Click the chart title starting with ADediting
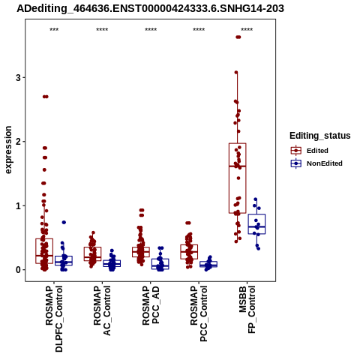[150, 9]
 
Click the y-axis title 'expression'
[8, 150]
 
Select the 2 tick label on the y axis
[18, 142]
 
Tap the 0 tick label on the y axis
[18, 270]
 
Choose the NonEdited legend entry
[316, 163]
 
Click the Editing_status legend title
[320, 136]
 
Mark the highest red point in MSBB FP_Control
[238, 37]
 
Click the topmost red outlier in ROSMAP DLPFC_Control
[45, 97]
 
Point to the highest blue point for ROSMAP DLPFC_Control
[64, 222]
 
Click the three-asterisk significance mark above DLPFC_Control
[54, 30]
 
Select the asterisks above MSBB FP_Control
[247, 30]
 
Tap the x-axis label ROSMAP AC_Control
[102, 310]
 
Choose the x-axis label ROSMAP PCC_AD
[151, 305]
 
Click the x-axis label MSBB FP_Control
[247, 310]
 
